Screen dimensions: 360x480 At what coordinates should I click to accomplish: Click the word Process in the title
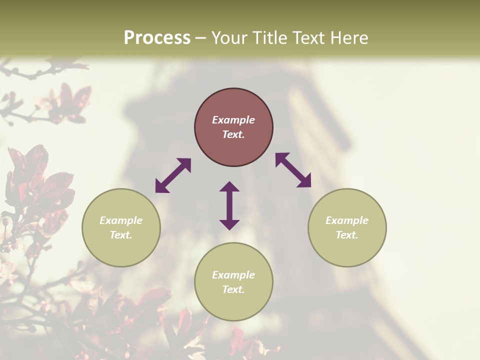click(x=157, y=38)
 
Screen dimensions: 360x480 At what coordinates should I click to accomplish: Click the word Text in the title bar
click(x=308, y=38)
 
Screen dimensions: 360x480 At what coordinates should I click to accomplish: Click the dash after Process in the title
click(x=200, y=38)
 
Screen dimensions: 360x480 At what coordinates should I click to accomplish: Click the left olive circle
click(x=121, y=227)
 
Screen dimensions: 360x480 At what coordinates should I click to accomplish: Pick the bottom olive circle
click(x=233, y=281)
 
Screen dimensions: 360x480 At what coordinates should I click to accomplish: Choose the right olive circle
click(x=347, y=227)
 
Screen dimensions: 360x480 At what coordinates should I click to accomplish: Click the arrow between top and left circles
click(x=173, y=175)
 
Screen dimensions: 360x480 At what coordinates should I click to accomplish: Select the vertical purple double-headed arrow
click(x=229, y=205)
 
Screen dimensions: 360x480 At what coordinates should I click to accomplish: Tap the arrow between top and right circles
click(x=293, y=170)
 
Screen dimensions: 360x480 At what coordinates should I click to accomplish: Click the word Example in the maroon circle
click(x=233, y=120)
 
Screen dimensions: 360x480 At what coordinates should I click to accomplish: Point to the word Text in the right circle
click(x=347, y=235)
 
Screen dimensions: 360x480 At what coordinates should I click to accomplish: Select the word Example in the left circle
click(x=121, y=220)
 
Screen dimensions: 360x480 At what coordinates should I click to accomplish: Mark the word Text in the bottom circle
click(x=233, y=289)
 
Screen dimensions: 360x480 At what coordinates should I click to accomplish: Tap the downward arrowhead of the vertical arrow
click(x=229, y=224)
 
